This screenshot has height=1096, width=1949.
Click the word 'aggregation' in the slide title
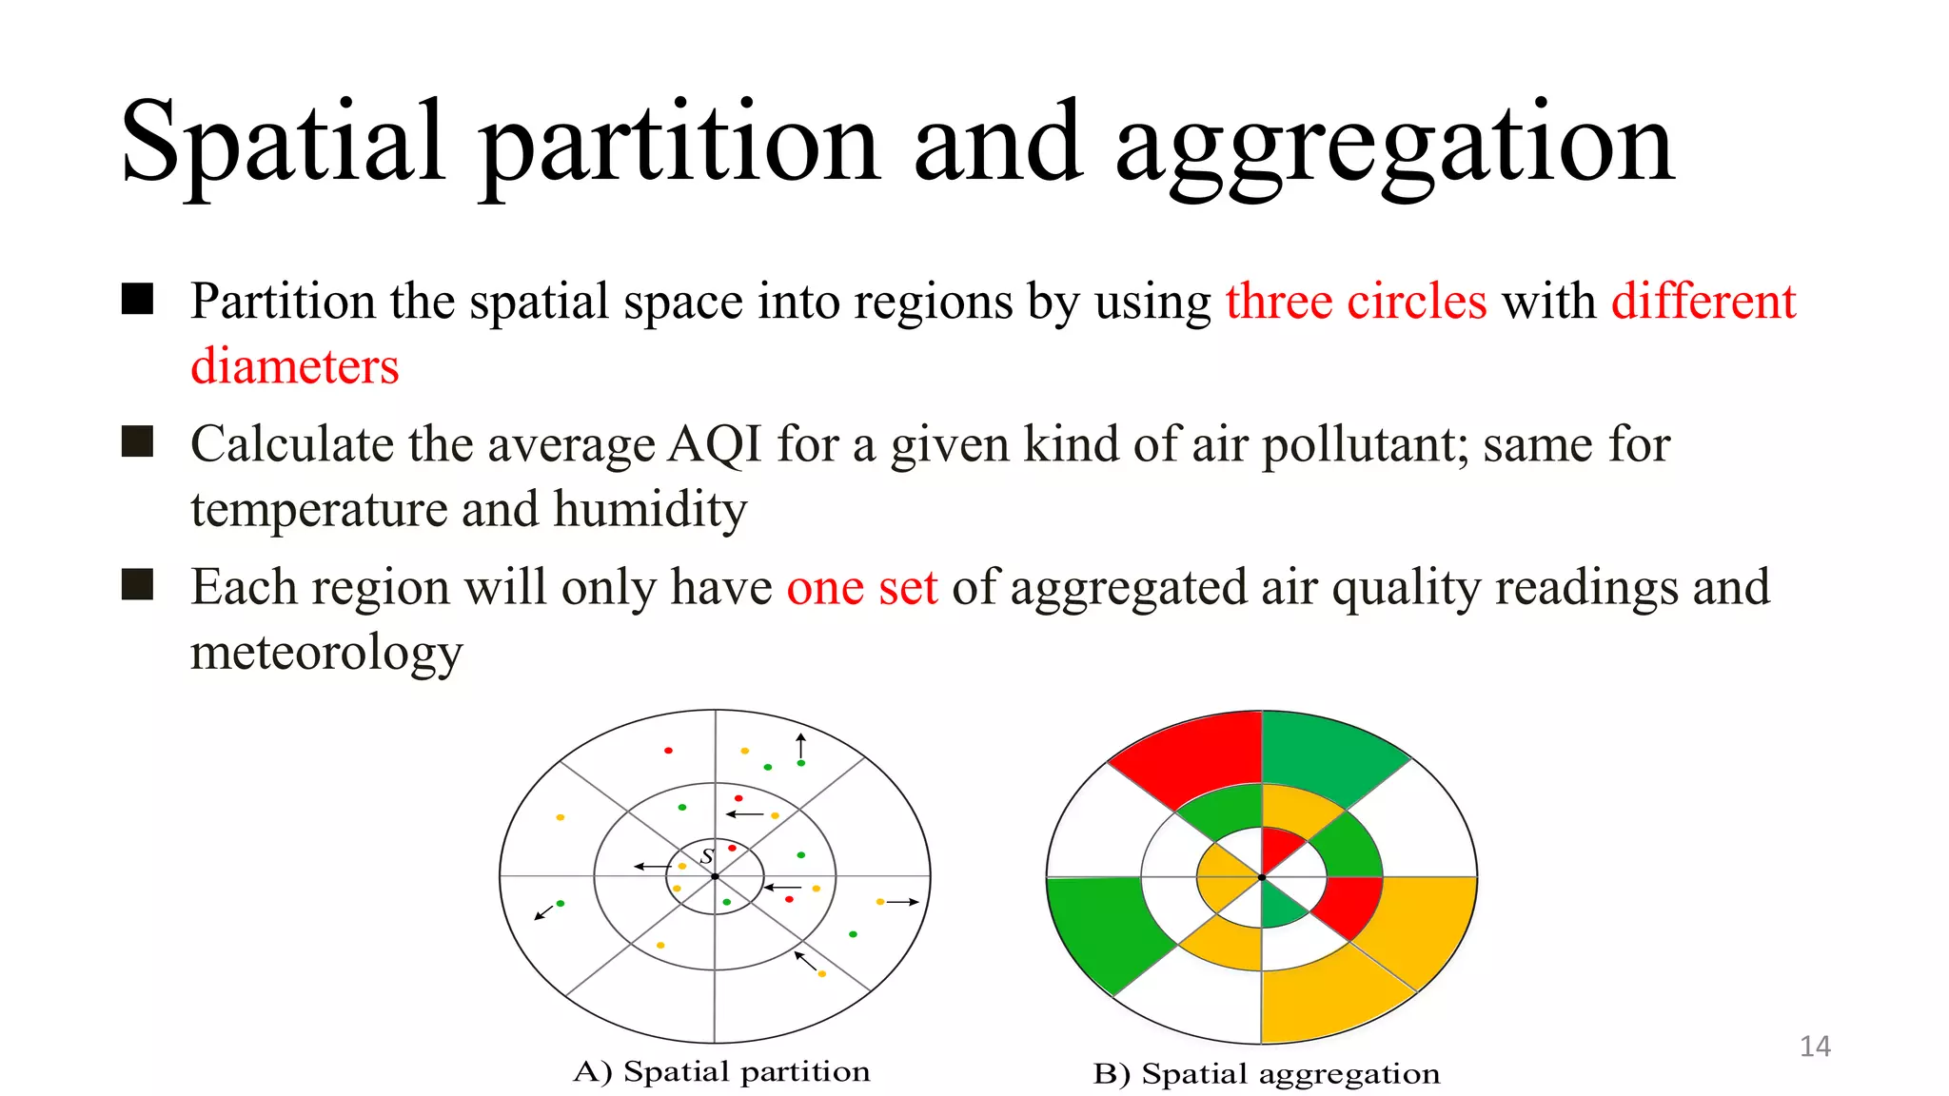pos(1393,145)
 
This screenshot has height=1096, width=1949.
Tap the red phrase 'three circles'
pos(1355,303)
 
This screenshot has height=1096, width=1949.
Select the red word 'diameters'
pos(295,367)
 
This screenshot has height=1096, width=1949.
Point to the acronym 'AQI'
pos(715,445)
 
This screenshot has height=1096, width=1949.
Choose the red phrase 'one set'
pos(861,588)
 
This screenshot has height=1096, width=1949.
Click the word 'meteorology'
pos(326,653)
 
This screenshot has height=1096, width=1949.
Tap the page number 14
pos(1815,1047)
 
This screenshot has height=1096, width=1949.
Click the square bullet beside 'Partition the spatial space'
pos(138,299)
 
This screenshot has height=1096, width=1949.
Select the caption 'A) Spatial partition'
pos(721,1072)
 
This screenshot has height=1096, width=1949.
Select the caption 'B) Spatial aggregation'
pos(1266,1074)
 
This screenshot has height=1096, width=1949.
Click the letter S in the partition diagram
pos(707,856)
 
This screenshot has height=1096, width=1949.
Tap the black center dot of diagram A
pos(715,876)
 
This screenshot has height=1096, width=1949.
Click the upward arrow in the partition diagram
pos(801,746)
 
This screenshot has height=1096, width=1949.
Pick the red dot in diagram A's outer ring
pos(669,751)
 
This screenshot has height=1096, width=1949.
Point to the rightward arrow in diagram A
pos(902,902)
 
